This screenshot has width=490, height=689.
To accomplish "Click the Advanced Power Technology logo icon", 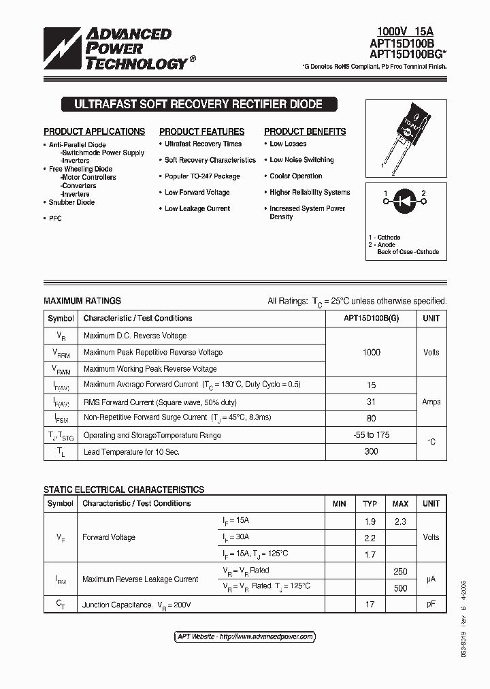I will pos(63,49).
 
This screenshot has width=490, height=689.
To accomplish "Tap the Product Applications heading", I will pos(94,131).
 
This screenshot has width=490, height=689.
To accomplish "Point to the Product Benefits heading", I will pos(305,131).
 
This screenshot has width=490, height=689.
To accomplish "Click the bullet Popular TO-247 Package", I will pos(202,176).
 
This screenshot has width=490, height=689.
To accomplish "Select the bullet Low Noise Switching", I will pos(301,160).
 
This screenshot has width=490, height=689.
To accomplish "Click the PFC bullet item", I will pos(55,219).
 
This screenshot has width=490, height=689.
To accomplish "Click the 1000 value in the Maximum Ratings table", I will pos(372,352).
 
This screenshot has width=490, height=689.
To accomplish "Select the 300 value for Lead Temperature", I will pos(372,451).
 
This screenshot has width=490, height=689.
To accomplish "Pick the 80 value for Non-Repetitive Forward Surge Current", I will pos(372,418).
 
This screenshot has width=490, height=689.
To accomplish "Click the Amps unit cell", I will pos(431,402).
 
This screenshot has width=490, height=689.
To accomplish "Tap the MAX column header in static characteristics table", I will pos(400,504).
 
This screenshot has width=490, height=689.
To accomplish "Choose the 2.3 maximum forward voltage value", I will pos(400,522).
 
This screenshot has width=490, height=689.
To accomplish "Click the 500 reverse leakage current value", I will pos(400,588).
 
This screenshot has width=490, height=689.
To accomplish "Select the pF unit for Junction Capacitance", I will pos(431,604).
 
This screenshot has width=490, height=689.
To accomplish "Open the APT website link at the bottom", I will pos(245,637).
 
